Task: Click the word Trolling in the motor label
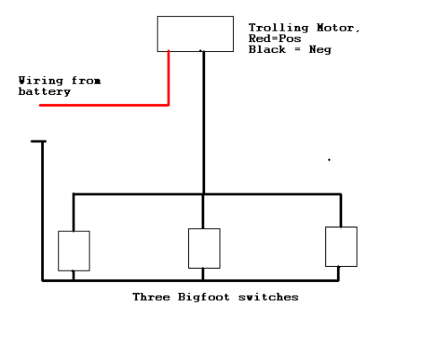tap(279, 28)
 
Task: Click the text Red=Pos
tap(275, 39)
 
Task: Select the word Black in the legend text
tap(267, 49)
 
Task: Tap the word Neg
tap(320, 49)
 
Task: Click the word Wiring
tap(40, 81)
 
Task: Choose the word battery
tap(45, 91)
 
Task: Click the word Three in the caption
tap(151, 297)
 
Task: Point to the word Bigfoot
tap(204, 297)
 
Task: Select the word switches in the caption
tap(268, 297)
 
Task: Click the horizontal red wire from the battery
tap(104, 105)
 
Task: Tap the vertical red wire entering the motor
tap(168, 78)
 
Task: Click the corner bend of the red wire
tap(168, 105)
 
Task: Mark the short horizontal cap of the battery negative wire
tap(39, 141)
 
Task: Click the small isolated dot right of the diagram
tap(329, 160)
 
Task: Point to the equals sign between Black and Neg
tap(297, 49)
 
